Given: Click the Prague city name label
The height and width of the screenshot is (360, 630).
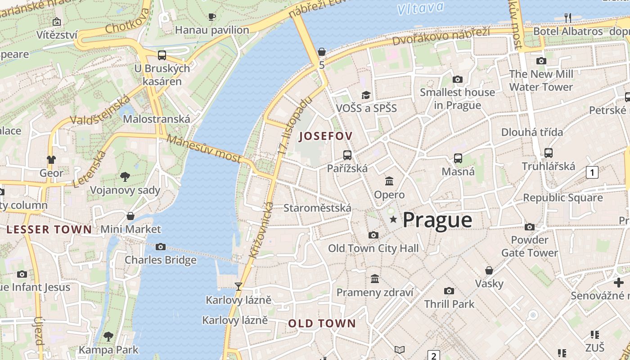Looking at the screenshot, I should (x=437, y=220).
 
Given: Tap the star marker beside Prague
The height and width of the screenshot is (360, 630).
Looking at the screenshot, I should (x=394, y=219).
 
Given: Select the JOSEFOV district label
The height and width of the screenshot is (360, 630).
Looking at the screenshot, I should (x=325, y=136).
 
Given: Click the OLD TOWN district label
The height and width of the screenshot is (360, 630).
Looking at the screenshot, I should (x=322, y=323).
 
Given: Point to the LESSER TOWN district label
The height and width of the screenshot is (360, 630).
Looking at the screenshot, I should (x=49, y=229).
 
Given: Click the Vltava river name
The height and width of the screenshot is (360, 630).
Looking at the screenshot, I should (x=421, y=8).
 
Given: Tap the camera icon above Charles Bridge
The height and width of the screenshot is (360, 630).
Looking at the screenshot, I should (x=161, y=247).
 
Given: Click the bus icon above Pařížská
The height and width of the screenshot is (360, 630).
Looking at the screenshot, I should (x=347, y=155).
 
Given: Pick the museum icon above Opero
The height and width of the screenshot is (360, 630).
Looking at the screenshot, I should (x=389, y=181).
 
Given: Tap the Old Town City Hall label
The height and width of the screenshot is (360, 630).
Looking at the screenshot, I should (x=373, y=248).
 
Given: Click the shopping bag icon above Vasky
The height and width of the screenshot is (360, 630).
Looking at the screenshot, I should (x=489, y=270).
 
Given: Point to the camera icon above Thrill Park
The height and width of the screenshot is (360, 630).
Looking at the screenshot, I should (x=449, y=291).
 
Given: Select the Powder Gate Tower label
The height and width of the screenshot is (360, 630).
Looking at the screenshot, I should (x=530, y=246).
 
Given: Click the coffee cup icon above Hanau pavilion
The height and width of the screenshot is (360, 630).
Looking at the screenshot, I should (x=211, y=17).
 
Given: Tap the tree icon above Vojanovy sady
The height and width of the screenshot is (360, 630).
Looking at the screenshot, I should (x=125, y=177).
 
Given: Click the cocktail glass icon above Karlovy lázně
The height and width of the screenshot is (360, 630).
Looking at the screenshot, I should (x=238, y=287).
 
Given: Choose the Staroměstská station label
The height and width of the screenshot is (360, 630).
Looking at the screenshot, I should (x=317, y=208).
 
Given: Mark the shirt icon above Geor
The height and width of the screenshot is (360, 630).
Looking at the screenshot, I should (x=51, y=160).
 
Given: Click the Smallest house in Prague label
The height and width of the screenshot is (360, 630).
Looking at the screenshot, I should (x=457, y=99).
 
